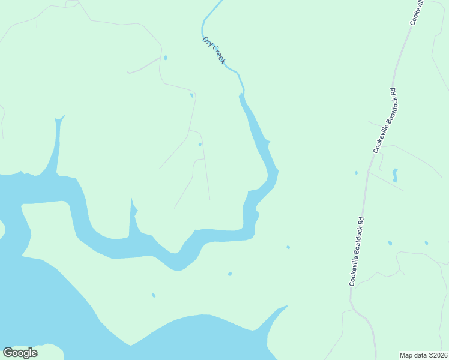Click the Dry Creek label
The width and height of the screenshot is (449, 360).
point(214,50)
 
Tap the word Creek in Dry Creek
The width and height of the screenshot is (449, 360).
point(218,55)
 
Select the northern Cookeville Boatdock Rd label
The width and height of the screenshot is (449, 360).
point(385,120)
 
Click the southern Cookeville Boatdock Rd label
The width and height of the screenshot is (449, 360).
point(357,251)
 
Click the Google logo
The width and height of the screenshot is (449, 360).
point(20,353)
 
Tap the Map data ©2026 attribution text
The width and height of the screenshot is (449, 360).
point(424,355)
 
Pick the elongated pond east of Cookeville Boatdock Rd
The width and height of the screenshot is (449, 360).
point(394,175)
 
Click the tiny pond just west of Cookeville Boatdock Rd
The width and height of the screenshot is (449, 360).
point(356,173)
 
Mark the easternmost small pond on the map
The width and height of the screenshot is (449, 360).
point(426,243)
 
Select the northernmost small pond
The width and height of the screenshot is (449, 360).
point(166,58)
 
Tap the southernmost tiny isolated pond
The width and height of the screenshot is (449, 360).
point(154,295)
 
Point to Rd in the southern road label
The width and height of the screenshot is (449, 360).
point(361,221)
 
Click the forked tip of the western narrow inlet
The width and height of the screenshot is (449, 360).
point(59,119)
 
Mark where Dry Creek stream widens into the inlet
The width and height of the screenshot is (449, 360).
point(242,95)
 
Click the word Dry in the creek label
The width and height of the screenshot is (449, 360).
point(207,42)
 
